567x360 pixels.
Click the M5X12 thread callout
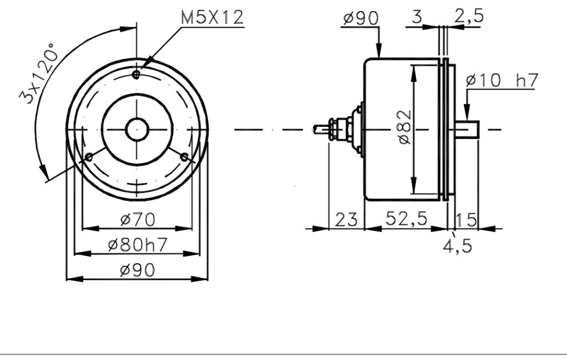point(212,17)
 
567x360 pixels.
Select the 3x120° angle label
point(39,73)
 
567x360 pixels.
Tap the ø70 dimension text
point(137,220)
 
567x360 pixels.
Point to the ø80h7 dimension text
point(137,245)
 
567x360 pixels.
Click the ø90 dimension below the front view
point(137,270)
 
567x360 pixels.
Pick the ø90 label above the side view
point(360,18)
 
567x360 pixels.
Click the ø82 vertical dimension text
point(405,127)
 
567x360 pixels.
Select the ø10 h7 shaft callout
point(502,80)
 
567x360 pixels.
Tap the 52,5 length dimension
point(406,219)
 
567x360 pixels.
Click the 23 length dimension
point(346,220)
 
